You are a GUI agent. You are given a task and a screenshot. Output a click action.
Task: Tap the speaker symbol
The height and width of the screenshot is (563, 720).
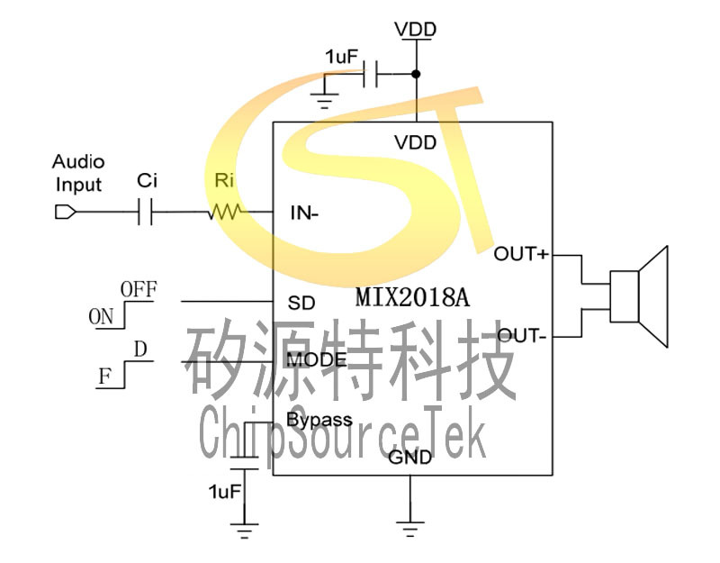pyautogui.click(x=639, y=296)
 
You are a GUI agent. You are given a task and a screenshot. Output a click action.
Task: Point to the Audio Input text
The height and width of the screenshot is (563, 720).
pyautogui.click(x=78, y=174)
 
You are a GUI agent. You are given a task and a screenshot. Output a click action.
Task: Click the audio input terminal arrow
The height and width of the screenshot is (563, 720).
pyautogui.click(x=64, y=213)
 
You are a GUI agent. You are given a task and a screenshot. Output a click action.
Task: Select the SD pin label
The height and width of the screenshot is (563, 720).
pyautogui.click(x=301, y=303)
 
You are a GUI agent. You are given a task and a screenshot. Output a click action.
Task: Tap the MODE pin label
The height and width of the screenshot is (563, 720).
pyautogui.click(x=317, y=360)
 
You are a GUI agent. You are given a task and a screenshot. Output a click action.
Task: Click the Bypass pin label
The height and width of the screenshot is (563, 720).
pyautogui.click(x=319, y=420)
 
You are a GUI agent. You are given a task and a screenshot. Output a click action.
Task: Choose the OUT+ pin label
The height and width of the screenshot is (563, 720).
pyautogui.click(x=521, y=254)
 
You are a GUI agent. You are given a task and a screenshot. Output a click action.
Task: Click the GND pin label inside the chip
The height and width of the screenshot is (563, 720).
pyautogui.click(x=409, y=458)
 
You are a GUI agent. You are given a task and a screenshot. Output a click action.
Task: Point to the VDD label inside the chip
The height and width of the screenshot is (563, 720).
pyautogui.click(x=416, y=142)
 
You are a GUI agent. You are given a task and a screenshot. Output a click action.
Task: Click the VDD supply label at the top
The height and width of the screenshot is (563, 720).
pyautogui.click(x=416, y=30)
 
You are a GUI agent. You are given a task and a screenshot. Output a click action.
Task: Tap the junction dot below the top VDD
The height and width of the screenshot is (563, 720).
pyautogui.click(x=416, y=74)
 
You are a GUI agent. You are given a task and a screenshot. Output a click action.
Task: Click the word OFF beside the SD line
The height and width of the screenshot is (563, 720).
pyautogui.click(x=139, y=290)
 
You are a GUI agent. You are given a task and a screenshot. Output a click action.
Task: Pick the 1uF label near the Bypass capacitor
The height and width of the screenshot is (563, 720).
pyautogui.click(x=224, y=492)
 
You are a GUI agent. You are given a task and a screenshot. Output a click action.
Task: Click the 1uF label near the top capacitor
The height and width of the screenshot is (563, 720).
pyautogui.click(x=342, y=58)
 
